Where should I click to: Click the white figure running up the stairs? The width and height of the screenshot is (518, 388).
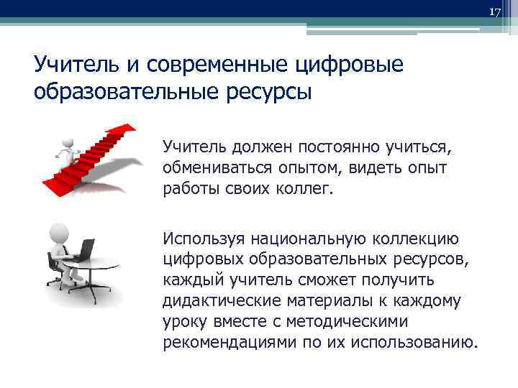pyautogui.click(x=66, y=149)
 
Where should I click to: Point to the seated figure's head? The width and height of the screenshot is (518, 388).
pyautogui.click(x=57, y=233)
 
